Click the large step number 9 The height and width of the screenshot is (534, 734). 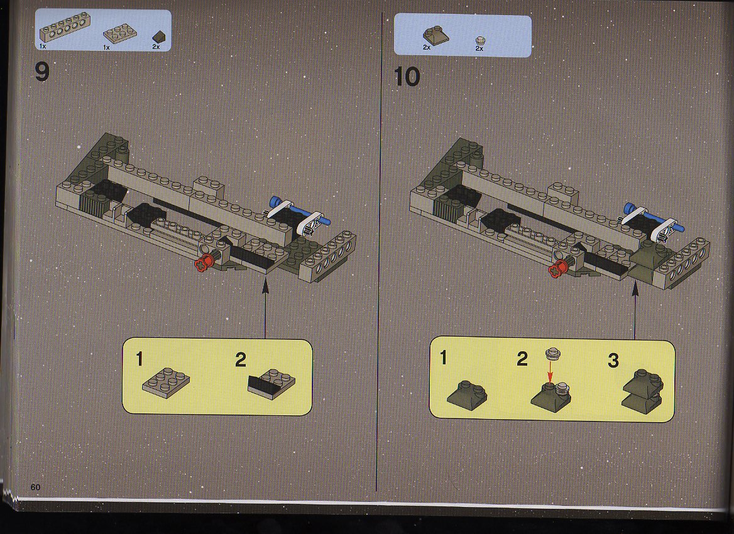[x=41, y=72]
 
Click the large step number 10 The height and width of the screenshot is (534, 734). [x=407, y=76]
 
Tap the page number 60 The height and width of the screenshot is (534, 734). [x=35, y=487]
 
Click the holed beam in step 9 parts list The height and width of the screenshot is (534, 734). [x=64, y=27]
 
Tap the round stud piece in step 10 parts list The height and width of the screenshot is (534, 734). [x=480, y=41]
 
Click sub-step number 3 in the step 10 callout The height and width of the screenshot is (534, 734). [x=613, y=361]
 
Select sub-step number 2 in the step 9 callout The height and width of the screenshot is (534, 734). [x=240, y=359]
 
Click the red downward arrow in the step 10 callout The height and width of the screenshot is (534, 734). [x=550, y=371]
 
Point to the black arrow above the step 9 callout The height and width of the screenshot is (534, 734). [x=265, y=307]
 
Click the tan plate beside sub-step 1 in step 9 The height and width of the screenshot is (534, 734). [x=166, y=383]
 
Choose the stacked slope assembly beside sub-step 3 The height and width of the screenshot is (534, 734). [x=643, y=391]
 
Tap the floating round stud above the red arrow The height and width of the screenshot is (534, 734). [x=553, y=353]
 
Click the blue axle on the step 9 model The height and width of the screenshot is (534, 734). [x=300, y=212]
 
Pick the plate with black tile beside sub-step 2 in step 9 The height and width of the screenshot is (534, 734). [x=271, y=384]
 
